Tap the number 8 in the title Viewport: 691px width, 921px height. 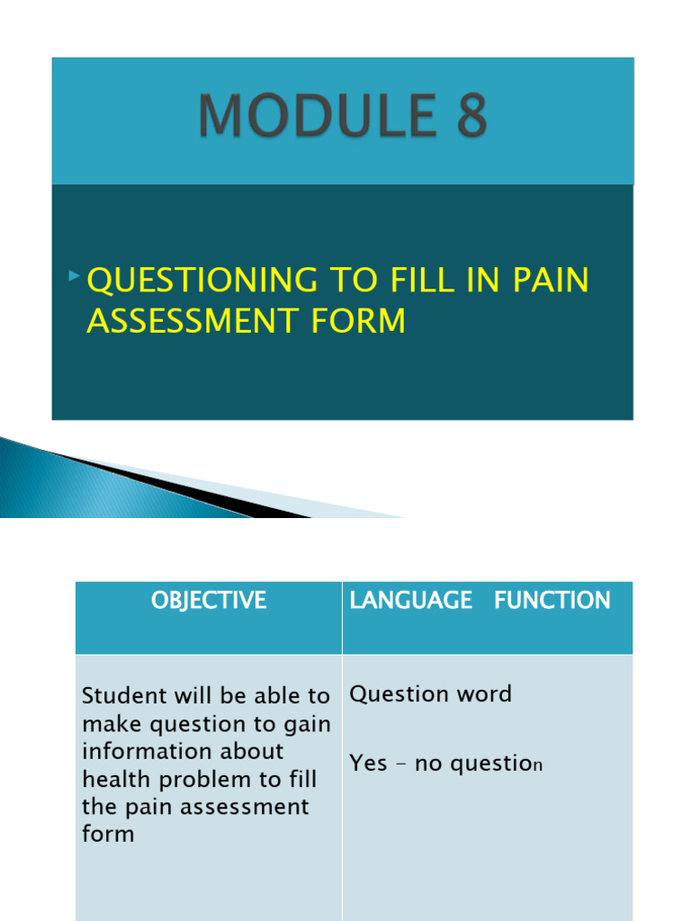(x=469, y=118)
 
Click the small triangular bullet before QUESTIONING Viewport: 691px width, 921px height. (x=74, y=273)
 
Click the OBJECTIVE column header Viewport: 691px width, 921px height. (x=209, y=601)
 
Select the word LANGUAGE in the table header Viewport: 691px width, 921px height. (x=411, y=601)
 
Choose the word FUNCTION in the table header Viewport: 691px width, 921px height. (x=552, y=601)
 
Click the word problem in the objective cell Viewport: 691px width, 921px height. (x=193, y=779)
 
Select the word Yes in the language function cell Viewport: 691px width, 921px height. (x=368, y=764)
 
